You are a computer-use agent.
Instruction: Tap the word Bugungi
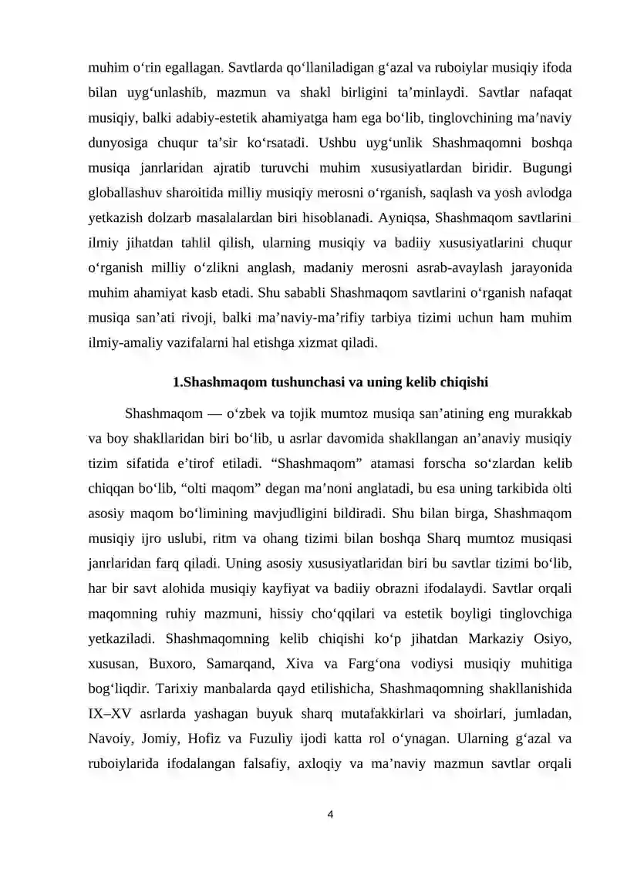tap(547, 167)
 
